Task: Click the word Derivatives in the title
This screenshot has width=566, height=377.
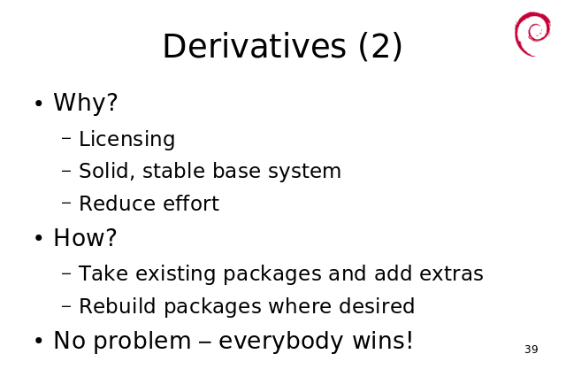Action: click(x=255, y=46)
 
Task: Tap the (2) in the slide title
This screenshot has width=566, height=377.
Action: click(x=380, y=47)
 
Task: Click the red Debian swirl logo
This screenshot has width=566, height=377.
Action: click(x=532, y=34)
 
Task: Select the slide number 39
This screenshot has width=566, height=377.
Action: click(x=532, y=350)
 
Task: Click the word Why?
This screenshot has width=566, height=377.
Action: click(x=86, y=102)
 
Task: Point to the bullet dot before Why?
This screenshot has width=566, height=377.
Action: click(x=39, y=104)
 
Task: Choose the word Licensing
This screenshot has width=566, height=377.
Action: click(x=126, y=140)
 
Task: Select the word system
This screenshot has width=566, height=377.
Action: click(x=304, y=172)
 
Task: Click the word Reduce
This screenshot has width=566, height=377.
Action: click(x=118, y=204)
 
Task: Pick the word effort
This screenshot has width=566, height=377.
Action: click(x=191, y=203)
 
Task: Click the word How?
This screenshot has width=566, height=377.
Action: click(x=85, y=237)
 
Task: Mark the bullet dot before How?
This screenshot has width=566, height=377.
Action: click(x=39, y=238)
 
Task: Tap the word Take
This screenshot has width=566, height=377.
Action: click(x=103, y=273)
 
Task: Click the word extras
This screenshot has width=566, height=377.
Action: click(x=451, y=273)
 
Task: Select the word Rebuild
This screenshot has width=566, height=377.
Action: click(x=118, y=306)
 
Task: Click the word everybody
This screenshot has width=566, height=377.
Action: click(x=281, y=342)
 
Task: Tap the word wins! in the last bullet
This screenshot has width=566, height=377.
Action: click(x=382, y=340)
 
